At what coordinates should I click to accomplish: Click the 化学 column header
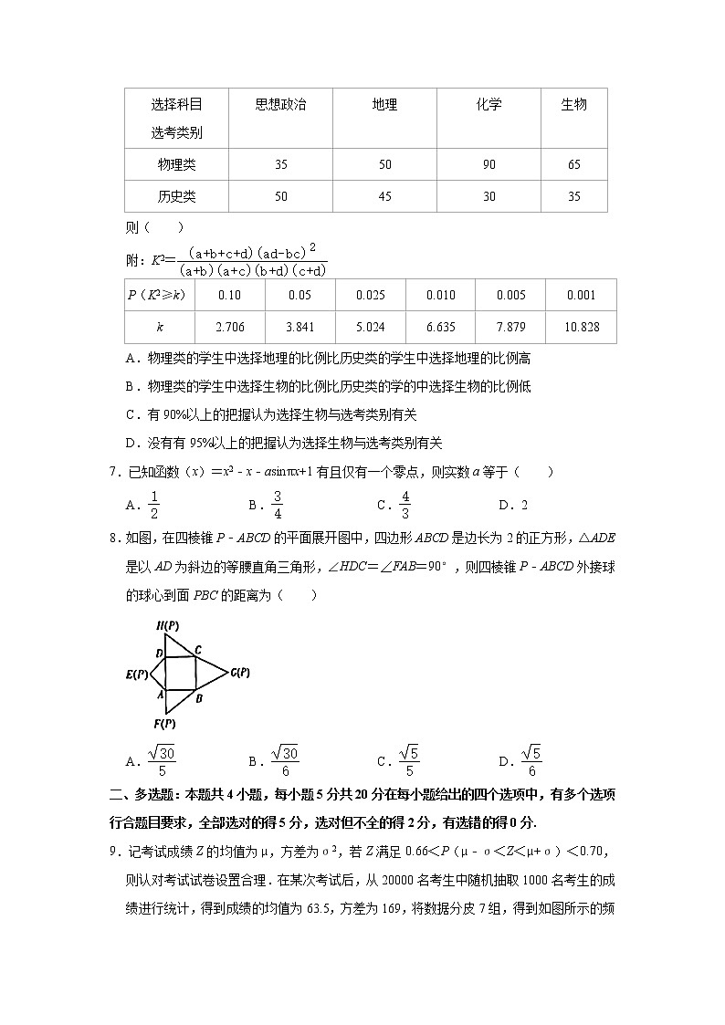(x=489, y=105)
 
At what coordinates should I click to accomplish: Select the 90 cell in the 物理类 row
(x=489, y=165)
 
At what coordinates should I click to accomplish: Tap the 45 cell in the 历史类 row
(x=384, y=196)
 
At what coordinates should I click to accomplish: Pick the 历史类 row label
(x=176, y=196)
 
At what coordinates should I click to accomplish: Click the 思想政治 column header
(x=280, y=105)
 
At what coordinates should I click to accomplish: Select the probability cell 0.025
(x=370, y=295)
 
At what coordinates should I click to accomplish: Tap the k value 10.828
(x=581, y=327)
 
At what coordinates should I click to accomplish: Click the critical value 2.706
(x=229, y=327)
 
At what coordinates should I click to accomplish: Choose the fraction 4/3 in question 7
(x=405, y=504)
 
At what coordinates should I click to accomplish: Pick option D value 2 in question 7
(x=524, y=505)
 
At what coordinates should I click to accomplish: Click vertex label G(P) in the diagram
(x=240, y=673)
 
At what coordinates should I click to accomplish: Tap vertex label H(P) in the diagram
(x=166, y=625)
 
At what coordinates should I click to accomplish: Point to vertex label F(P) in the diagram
(x=164, y=724)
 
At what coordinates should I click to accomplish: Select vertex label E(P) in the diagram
(x=137, y=675)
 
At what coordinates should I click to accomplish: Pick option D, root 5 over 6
(x=531, y=760)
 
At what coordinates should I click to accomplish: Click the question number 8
(x=113, y=539)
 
